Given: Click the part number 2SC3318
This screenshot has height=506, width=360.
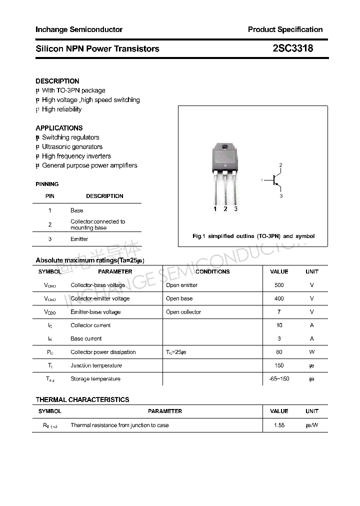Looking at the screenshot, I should [293, 48].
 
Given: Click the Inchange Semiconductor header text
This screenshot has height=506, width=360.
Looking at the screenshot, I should [79, 29].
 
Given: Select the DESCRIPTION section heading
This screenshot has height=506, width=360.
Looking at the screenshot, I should [57, 81].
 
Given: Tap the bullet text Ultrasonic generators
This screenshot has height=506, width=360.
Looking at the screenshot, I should [72, 146].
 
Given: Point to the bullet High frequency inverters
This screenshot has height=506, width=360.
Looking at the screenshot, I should [76, 156].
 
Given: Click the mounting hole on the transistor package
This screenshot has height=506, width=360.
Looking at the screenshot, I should [224, 147].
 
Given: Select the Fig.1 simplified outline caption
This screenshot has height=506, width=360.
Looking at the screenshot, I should [253, 236].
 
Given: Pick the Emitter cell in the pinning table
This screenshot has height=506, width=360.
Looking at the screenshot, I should [79, 239].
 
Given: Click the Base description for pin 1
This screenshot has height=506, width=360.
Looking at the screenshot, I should [76, 210].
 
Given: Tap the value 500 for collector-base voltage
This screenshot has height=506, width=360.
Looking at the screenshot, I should [279, 285].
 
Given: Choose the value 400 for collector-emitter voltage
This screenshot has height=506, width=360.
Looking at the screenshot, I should [279, 298].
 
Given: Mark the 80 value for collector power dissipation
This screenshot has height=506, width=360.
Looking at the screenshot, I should [279, 352].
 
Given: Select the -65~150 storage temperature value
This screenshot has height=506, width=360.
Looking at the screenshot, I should [279, 379].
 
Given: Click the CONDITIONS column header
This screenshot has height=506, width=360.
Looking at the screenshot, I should [212, 271].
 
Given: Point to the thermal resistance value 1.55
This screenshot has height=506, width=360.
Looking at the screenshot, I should [279, 425].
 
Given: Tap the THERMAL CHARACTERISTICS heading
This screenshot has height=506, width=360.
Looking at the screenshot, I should [82, 399].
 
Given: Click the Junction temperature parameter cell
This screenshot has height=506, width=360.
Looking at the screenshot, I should [96, 365].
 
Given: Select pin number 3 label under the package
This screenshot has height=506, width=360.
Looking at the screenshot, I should [235, 209].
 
